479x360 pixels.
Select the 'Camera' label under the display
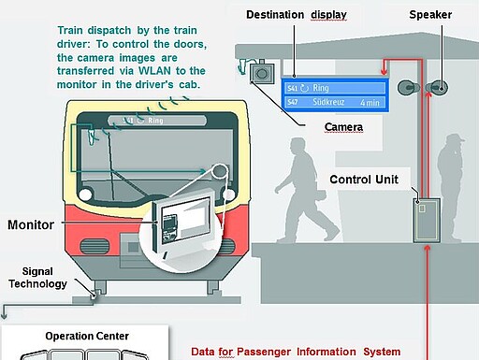coord(344,126)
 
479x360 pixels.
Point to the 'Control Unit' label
coord(365,179)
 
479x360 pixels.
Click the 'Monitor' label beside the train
coord(31,225)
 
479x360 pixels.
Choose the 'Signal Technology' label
coord(37,277)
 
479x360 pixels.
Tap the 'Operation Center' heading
coord(87,336)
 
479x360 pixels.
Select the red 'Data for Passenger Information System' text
coord(296,352)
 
